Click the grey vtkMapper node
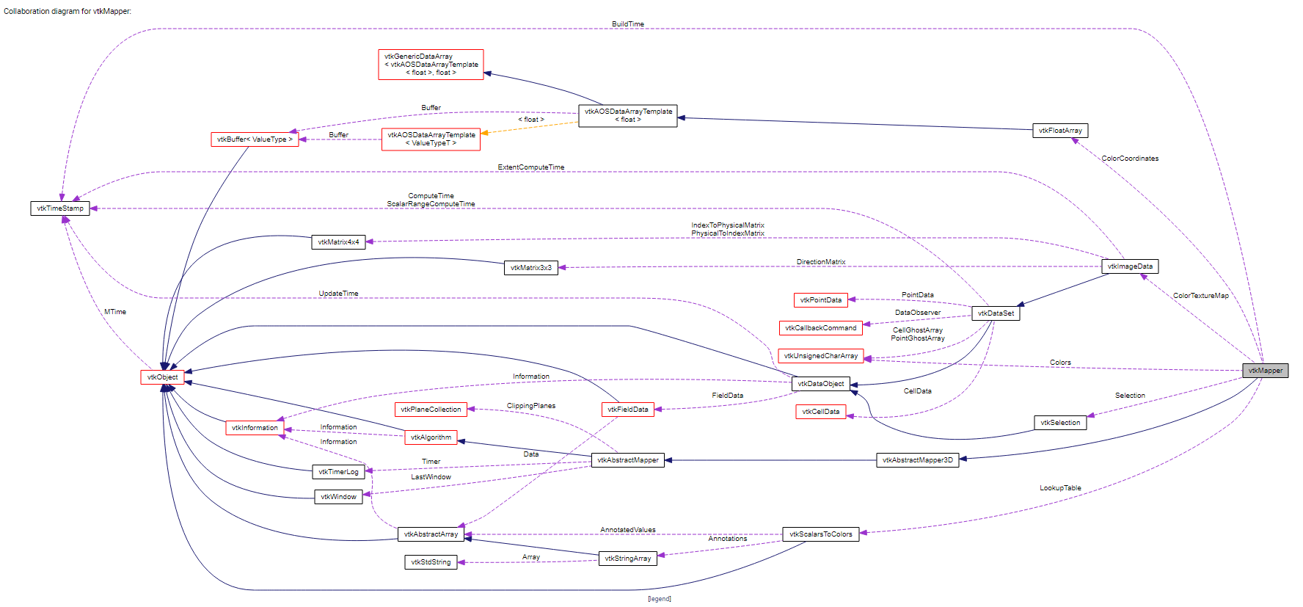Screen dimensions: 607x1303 coord(1265,371)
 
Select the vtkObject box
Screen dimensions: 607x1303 coord(162,377)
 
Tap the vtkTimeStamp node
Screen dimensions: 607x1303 coord(60,208)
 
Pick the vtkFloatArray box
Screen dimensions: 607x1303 coord(1060,131)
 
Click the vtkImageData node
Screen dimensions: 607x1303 coord(1130,266)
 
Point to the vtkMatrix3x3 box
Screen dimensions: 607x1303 coord(530,268)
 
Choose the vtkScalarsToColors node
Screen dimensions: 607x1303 coord(820,534)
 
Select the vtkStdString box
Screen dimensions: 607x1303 coord(431,562)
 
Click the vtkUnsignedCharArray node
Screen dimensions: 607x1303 coord(820,356)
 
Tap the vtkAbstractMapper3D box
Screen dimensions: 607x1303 coord(917,460)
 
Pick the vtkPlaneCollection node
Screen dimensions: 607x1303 coord(431,410)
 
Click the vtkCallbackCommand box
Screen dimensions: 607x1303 coord(820,328)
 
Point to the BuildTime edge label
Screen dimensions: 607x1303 coord(628,24)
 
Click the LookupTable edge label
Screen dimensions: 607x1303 coord(1060,488)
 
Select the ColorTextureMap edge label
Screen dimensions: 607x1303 coord(1200,296)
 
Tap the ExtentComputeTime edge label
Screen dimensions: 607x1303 coord(531,167)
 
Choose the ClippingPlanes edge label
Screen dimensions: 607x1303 coord(531,406)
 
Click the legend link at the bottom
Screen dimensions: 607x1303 coord(659,599)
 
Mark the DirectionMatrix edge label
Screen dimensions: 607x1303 coord(821,262)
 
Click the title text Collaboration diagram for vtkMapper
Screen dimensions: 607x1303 coord(67,12)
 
